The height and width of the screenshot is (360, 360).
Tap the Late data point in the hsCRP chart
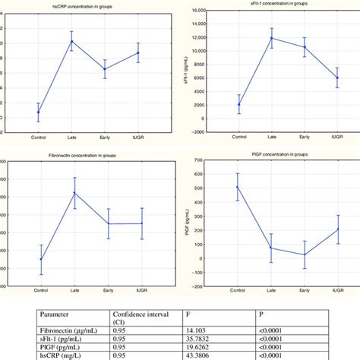[72, 41]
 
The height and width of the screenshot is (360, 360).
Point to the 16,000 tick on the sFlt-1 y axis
[194, 11]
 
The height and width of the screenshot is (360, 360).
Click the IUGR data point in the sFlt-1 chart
[337, 77]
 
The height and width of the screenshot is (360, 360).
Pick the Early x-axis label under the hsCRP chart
[104, 137]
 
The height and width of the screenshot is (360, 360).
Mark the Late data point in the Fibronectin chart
[74, 193]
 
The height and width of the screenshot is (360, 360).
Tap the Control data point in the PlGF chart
[238, 187]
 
